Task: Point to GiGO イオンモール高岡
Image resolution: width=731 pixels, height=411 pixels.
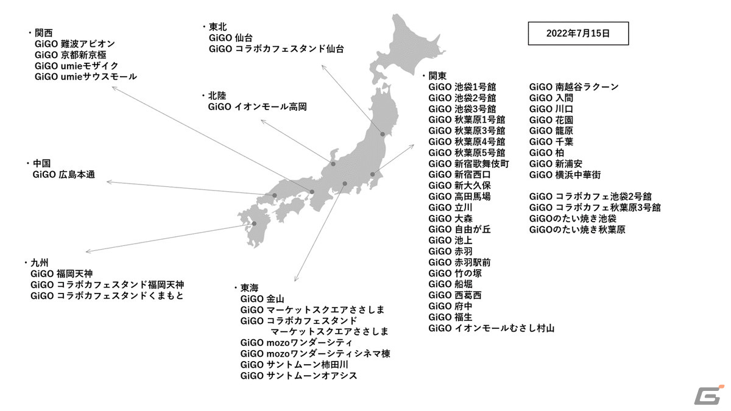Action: click(x=257, y=107)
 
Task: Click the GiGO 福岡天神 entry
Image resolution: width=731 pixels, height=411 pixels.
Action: click(x=62, y=273)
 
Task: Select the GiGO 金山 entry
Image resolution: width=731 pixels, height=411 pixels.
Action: click(x=263, y=299)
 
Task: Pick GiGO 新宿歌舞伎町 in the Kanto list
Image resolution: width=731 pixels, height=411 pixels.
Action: click(x=468, y=164)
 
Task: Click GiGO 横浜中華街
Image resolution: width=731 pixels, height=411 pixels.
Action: click(x=565, y=175)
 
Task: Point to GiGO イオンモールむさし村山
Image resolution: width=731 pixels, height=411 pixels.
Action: click(x=492, y=328)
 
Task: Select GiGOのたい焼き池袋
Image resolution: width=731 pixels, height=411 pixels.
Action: click(x=573, y=219)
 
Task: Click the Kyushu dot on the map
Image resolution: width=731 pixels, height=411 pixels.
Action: click(x=254, y=223)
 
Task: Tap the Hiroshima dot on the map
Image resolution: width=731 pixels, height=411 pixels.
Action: click(x=274, y=195)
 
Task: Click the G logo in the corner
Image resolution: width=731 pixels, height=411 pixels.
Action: click(x=707, y=395)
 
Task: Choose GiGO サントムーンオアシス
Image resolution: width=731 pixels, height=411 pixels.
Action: click(x=298, y=376)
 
